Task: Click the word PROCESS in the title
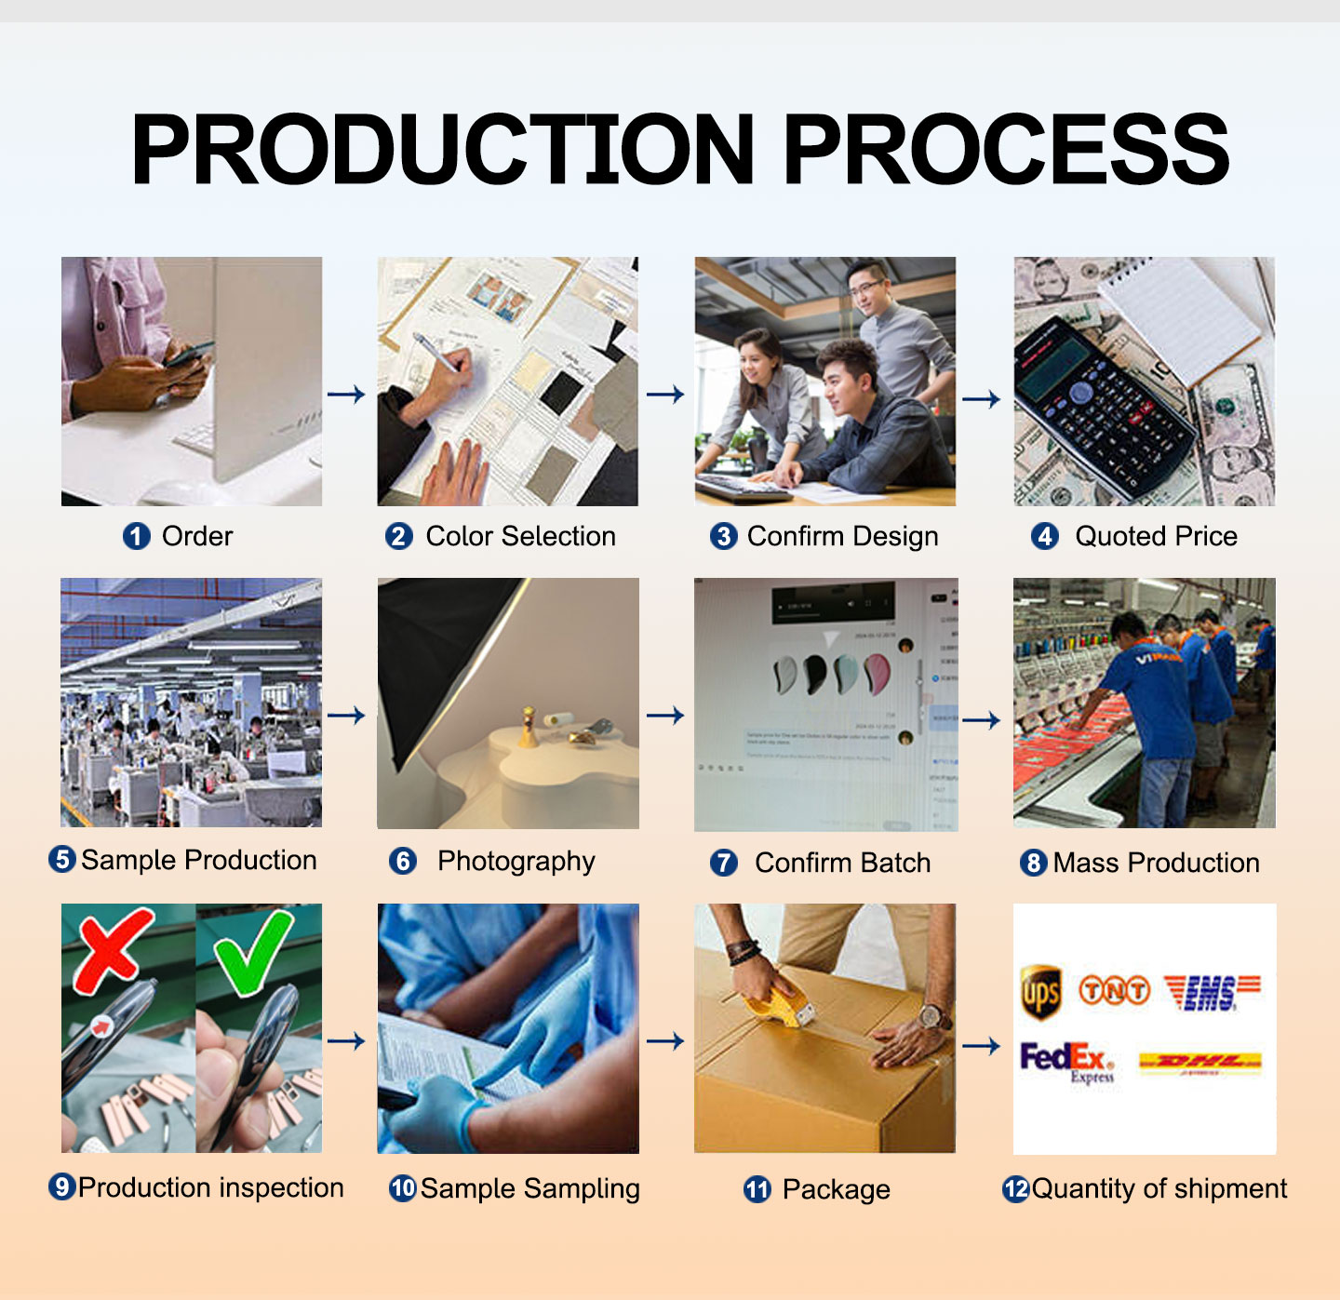coord(1007,149)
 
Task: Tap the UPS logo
coord(1040,992)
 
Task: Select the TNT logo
coord(1114,990)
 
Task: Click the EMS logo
coord(1212,992)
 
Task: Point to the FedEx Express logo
coord(1067,1062)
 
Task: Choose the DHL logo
coord(1199,1062)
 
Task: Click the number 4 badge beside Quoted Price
coord(1045,536)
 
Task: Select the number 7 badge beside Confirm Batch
coord(723,863)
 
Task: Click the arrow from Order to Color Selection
coord(346,395)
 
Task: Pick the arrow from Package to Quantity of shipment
coord(981,1046)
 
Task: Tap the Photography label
coord(516,862)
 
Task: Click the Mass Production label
coord(1156,863)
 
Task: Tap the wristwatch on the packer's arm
coord(931,1016)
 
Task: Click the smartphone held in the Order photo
coord(188,355)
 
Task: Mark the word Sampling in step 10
coord(582,1189)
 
